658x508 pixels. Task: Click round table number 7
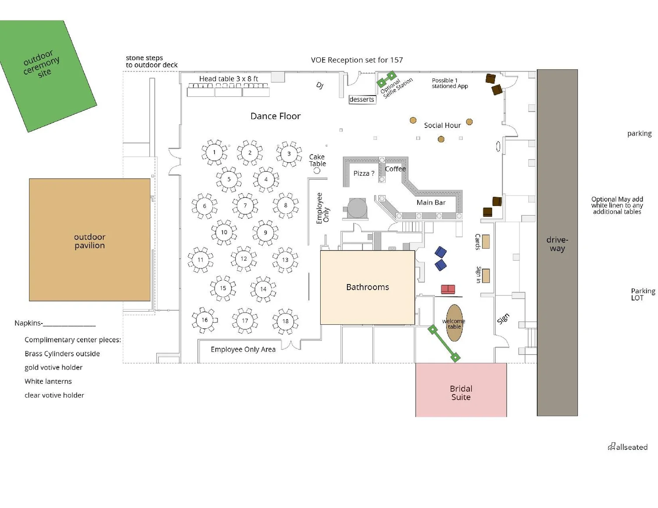point(245,206)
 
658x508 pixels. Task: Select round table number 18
point(285,321)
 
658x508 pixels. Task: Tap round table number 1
point(215,152)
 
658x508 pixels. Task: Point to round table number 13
point(285,260)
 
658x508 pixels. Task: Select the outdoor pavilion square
point(89,240)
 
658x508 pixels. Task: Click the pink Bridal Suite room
point(461,390)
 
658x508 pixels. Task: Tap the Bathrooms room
point(367,288)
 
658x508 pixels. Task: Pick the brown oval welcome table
point(454,323)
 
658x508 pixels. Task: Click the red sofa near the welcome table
point(448,289)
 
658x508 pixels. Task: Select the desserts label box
point(362,99)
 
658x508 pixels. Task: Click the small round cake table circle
point(317,171)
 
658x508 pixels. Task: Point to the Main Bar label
point(431,202)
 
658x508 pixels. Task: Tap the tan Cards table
point(486,242)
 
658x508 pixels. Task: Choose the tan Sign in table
point(486,276)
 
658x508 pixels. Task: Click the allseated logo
point(628,447)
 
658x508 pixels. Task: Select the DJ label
point(320,85)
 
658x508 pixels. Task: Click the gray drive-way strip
point(557,243)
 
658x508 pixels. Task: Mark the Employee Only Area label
point(243,349)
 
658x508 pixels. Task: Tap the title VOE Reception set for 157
point(357,60)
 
